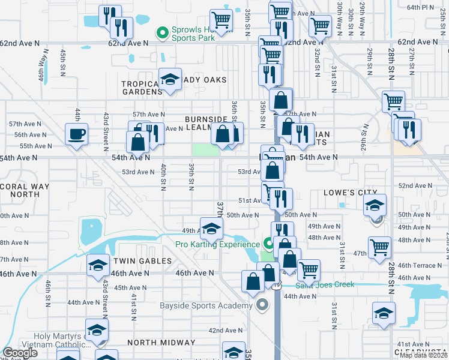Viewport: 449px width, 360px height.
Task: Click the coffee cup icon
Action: point(76,134)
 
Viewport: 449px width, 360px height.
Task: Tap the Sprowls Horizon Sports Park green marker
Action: point(162,33)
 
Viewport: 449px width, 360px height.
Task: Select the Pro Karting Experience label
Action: point(217,244)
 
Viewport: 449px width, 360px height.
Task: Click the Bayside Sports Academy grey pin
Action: point(261,306)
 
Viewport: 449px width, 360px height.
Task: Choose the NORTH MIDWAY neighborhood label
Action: point(161,343)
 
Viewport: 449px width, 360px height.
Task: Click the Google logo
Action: point(20,353)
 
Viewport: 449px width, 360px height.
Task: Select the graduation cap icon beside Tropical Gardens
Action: point(170,79)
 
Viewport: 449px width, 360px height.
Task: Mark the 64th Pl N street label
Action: point(420,7)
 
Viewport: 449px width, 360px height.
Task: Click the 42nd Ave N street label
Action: point(224,331)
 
